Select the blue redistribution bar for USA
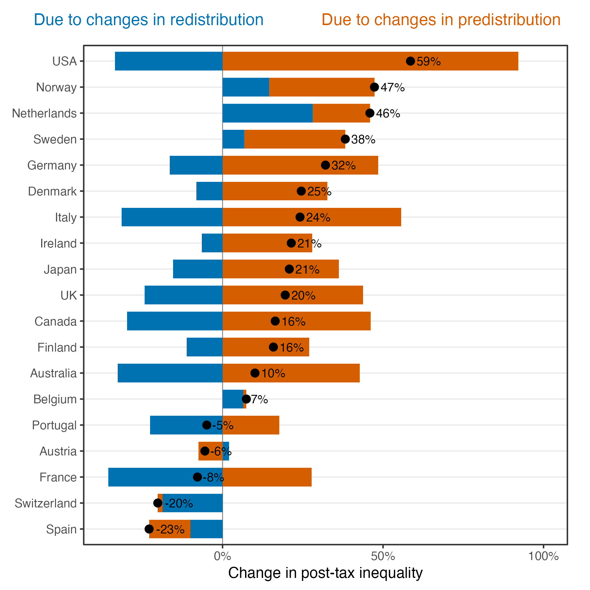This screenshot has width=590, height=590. [x=169, y=61]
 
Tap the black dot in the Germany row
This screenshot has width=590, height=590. [x=326, y=165]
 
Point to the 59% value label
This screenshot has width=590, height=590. [x=428, y=61]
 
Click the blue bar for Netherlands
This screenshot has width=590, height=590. [x=267, y=113]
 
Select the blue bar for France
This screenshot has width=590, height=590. [x=150, y=477]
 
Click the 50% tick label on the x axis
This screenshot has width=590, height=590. [x=383, y=556]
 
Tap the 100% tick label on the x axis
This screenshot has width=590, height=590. [x=543, y=556]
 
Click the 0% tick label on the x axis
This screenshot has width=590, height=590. [x=222, y=556]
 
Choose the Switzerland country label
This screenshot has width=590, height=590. [x=45, y=503]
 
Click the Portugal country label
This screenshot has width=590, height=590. [x=54, y=425]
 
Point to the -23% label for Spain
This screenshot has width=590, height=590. [x=170, y=529]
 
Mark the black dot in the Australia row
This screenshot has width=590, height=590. [x=255, y=373]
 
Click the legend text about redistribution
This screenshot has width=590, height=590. [x=149, y=20]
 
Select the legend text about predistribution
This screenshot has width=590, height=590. [x=441, y=20]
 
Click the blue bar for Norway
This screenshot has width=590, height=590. [x=246, y=87]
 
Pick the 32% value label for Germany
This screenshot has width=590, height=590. [x=343, y=166]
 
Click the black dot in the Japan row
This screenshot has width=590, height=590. [x=289, y=269]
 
